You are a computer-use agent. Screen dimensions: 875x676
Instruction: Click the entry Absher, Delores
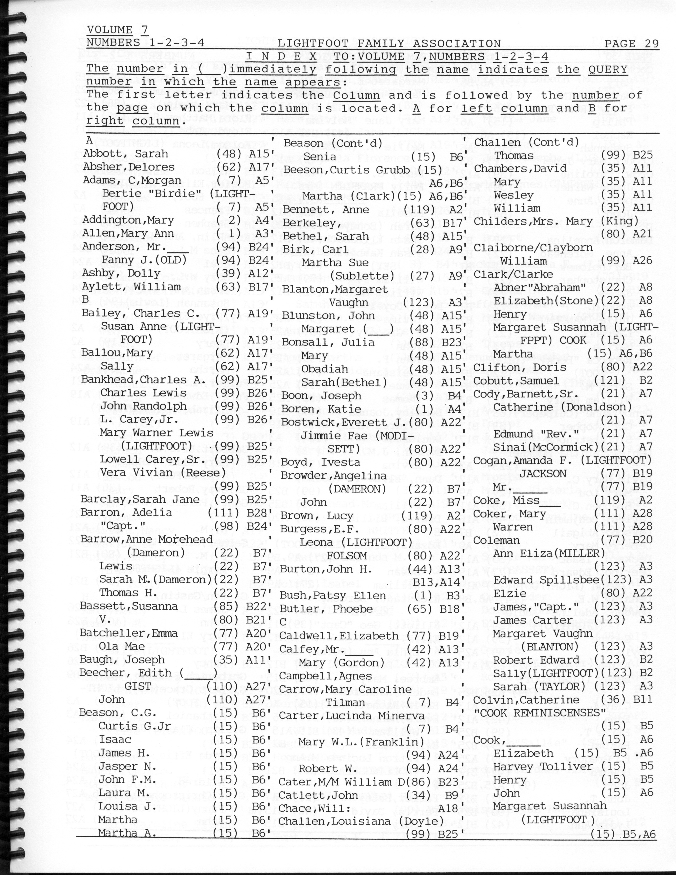(x=129, y=167)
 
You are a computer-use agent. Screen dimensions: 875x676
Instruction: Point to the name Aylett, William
(x=131, y=287)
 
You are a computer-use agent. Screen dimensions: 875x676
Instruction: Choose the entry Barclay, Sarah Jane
(x=140, y=499)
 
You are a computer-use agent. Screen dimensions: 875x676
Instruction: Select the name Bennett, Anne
(x=326, y=209)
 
